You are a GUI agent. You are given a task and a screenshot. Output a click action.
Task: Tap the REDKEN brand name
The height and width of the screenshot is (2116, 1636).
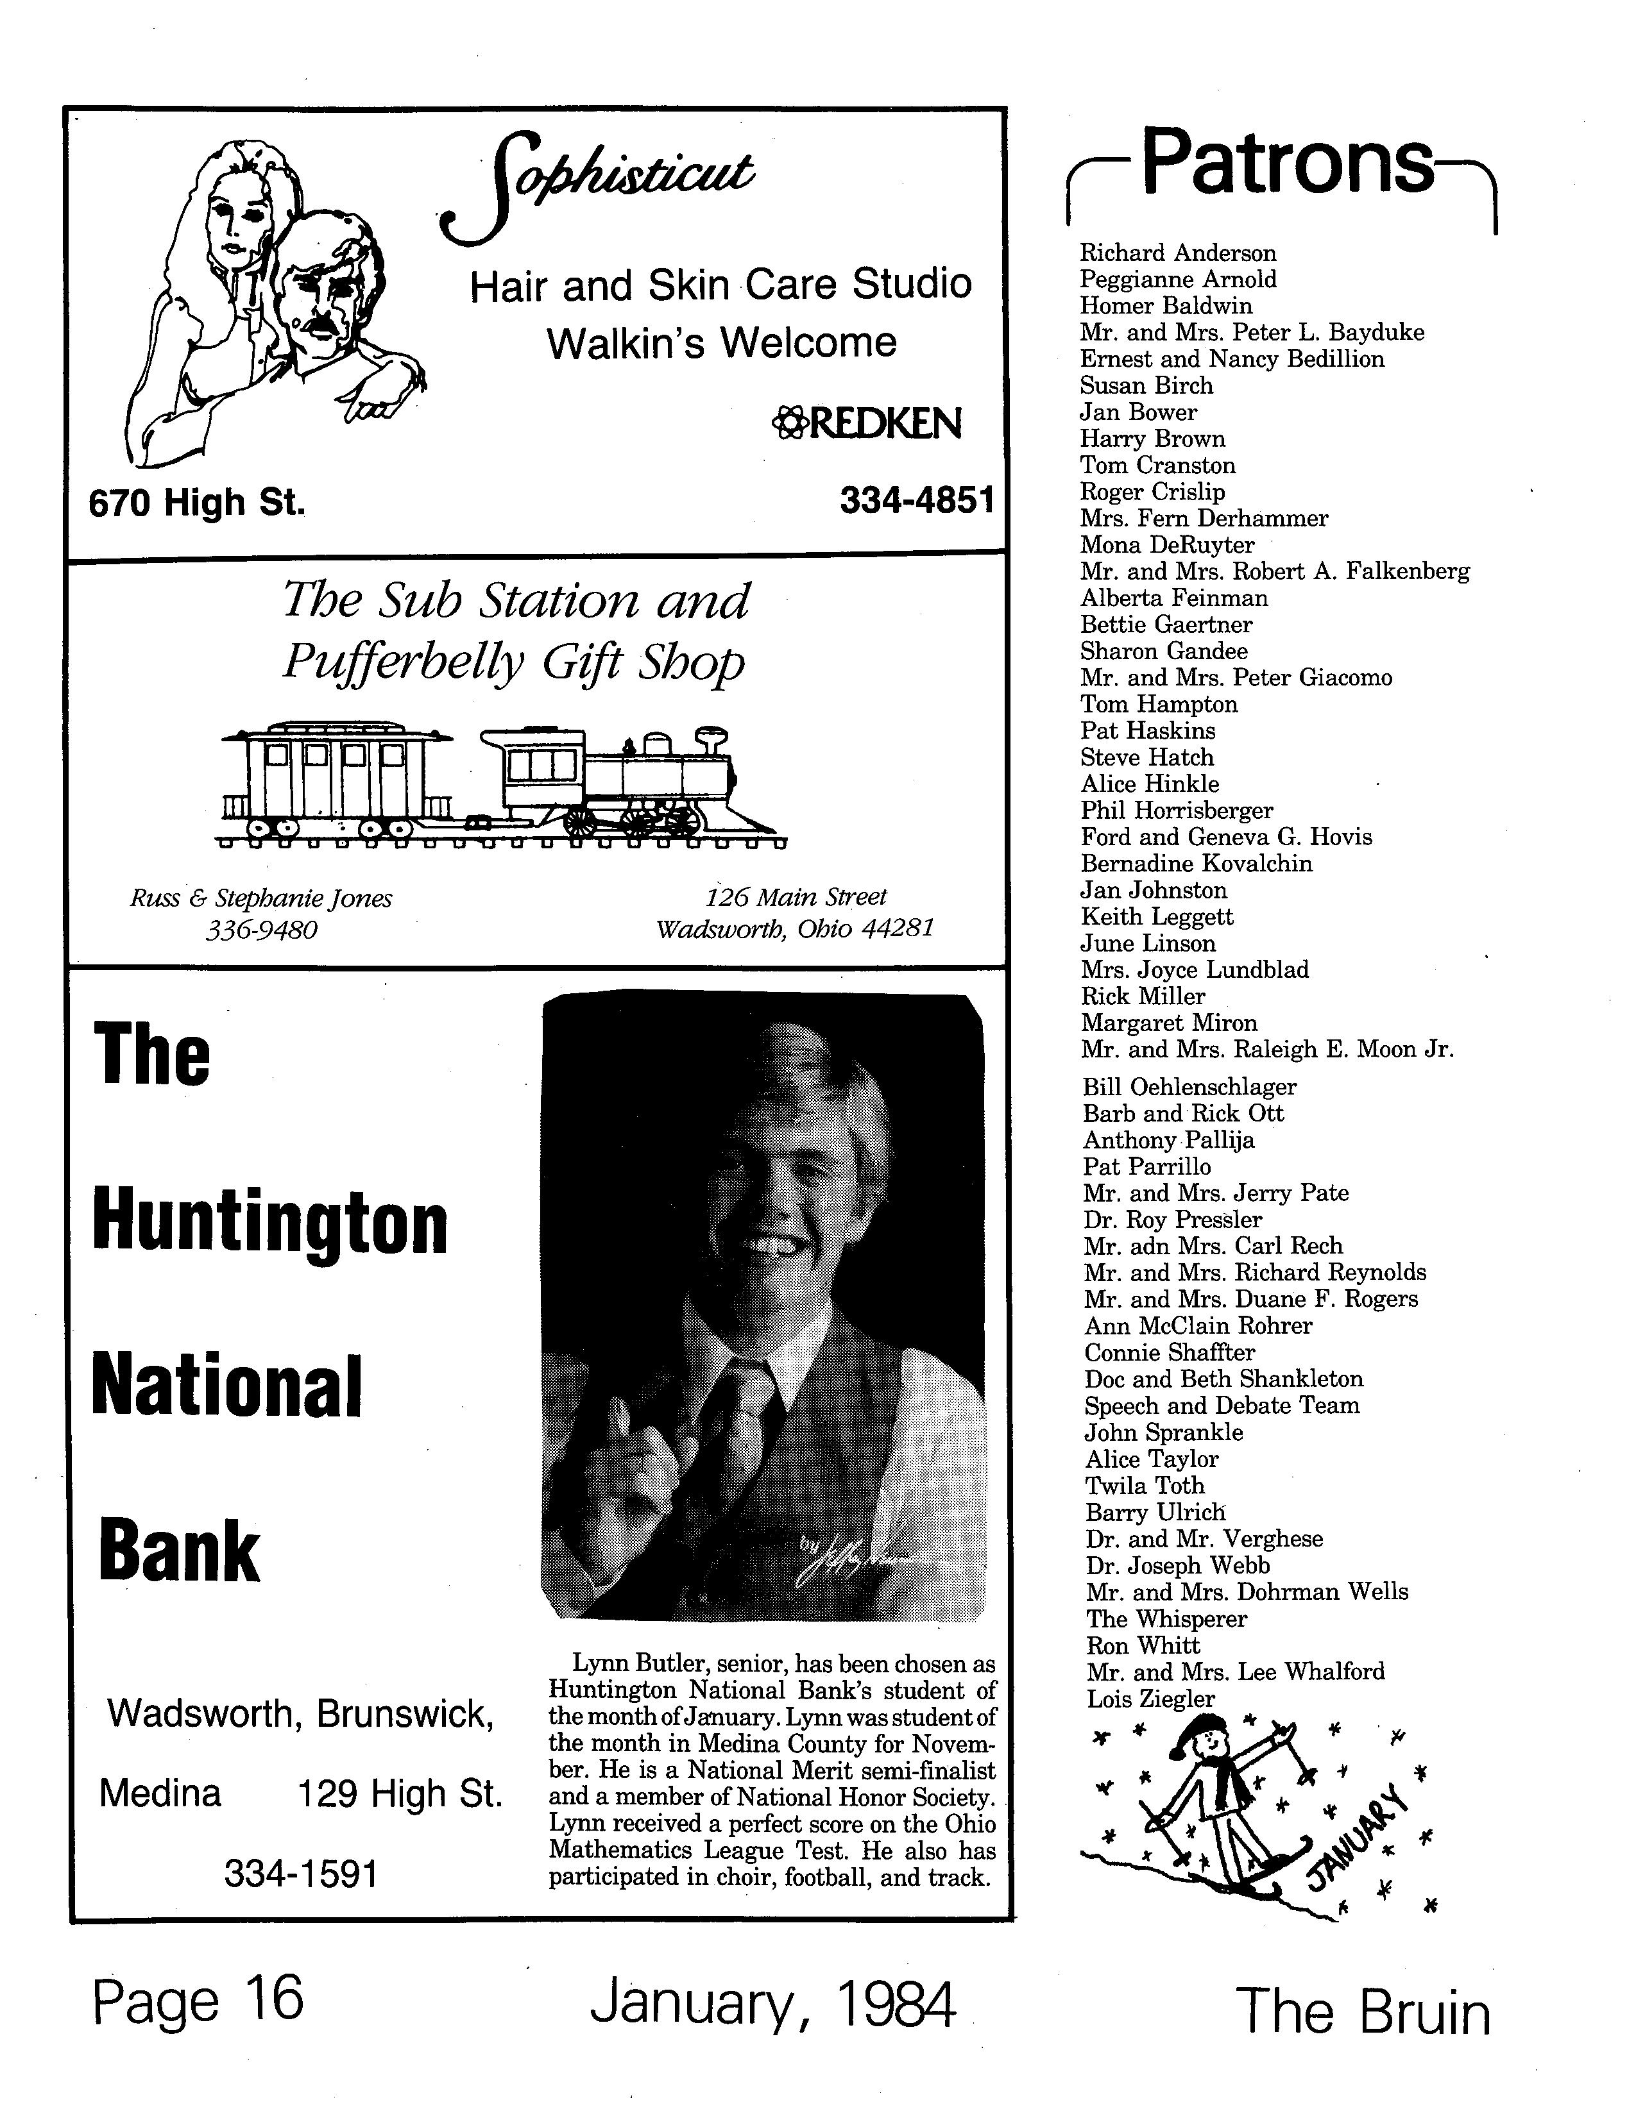pyautogui.click(x=867, y=423)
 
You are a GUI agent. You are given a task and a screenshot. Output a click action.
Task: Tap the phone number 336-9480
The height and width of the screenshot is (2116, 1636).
pyautogui.click(x=262, y=930)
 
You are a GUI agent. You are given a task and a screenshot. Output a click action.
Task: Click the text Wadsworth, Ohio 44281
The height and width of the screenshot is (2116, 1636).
pyautogui.click(x=795, y=929)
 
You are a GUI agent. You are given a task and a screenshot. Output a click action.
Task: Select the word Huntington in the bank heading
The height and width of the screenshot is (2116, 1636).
pyautogui.click(x=270, y=1223)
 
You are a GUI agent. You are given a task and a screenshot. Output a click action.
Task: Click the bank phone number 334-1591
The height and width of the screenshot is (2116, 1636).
pyautogui.click(x=300, y=1876)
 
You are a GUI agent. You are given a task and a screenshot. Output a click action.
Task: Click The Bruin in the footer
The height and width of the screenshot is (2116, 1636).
pyautogui.click(x=1364, y=2012)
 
